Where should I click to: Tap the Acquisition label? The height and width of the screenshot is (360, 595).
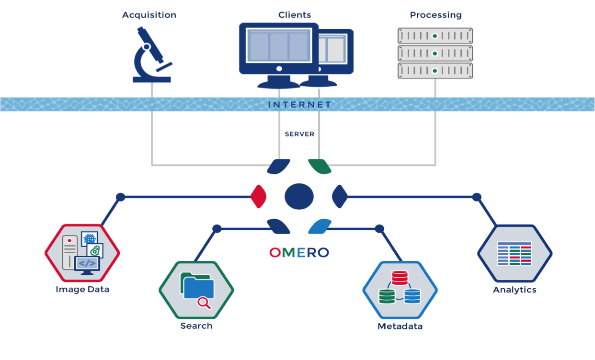point(149,15)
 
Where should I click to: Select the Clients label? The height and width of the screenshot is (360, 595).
point(295,15)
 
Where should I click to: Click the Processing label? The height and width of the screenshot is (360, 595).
point(435,15)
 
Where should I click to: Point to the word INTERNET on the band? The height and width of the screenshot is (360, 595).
point(299,104)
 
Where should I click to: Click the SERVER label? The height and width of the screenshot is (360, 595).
point(299,134)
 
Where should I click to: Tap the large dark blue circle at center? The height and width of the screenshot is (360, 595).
point(299,196)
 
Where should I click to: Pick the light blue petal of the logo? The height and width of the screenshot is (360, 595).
point(320,226)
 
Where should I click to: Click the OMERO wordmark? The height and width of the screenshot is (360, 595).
point(299,253)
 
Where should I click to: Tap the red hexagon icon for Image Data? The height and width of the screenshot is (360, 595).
point(82,253)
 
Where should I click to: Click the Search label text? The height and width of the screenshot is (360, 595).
point(196,326)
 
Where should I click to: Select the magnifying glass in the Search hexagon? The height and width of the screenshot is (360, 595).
point(204,303)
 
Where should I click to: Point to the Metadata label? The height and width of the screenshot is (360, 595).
point(400,326)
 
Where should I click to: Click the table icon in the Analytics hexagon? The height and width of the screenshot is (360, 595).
point(515,253)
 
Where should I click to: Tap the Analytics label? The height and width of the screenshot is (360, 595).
point(515,290)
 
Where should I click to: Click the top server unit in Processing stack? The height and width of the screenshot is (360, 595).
point(435,36)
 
